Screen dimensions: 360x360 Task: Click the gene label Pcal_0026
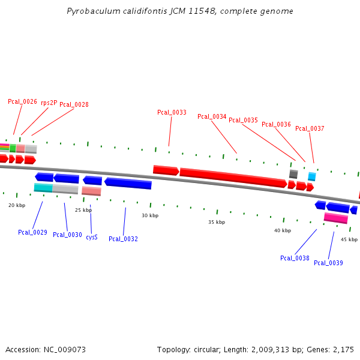click(22, 102)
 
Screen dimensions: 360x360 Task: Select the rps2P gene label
click(49, 103)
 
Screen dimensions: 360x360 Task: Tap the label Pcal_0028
click(74, 105)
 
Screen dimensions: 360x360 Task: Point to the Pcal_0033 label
click(172, 113)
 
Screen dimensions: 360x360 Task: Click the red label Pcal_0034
click(212, 117)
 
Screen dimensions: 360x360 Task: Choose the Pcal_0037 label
click(310, 129)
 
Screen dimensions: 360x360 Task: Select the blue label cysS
click(92, 238)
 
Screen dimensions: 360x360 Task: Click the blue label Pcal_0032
click(123, 239)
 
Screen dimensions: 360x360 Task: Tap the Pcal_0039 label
click(328, 263)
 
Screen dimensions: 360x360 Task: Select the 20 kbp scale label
click(17, 206)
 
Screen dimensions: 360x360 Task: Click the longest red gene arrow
click(233, 178)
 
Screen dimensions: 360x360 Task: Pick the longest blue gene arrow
click(128, 183)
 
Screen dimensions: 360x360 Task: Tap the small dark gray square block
click(293, 174)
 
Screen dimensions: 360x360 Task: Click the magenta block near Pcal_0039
click(335, 218)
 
